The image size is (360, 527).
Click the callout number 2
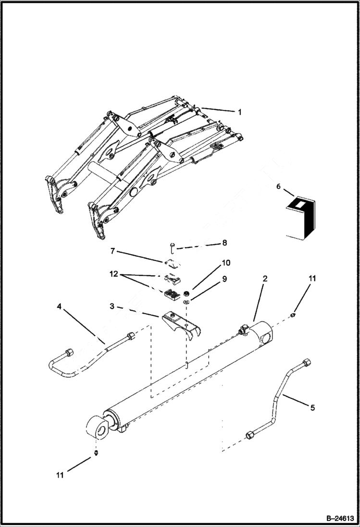(x=265, y=278)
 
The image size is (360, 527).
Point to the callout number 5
(x=312, y=408)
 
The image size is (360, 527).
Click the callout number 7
(x=112, y=251)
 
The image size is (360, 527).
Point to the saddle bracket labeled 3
(x=181, y=325)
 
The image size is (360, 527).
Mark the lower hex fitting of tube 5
(x=250, y=436)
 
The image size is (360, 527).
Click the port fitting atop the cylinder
(x=245, y=331)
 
